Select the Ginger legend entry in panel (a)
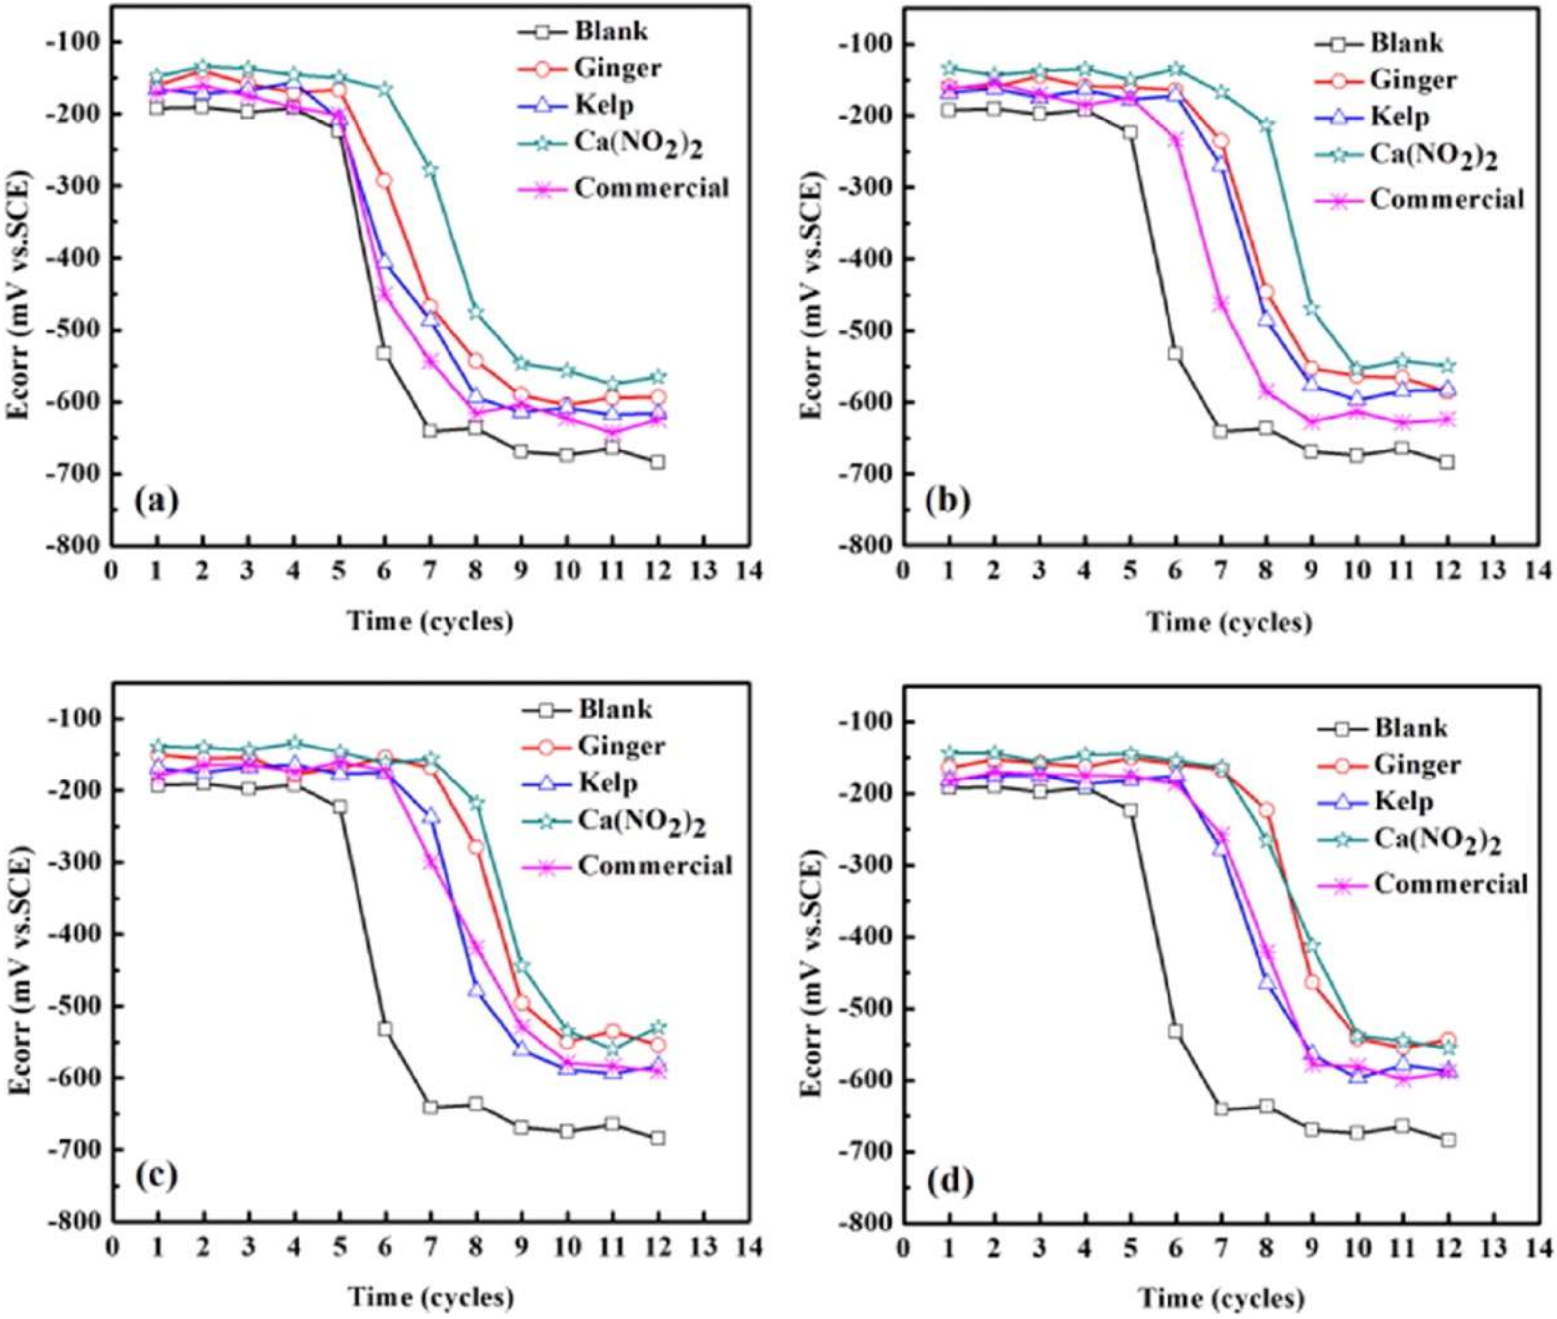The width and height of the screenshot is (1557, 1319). [x=618, y=68]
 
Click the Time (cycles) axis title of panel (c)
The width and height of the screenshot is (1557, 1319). [x=430, y=1298]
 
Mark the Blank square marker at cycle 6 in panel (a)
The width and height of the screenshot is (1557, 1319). [x=385, y=352]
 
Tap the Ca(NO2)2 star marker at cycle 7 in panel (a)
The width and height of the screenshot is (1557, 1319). [x=430, y=170]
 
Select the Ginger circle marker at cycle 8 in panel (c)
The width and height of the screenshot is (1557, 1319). [x=476, y=847]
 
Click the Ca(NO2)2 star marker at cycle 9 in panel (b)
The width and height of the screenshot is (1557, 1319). [x=1312, y=308]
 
